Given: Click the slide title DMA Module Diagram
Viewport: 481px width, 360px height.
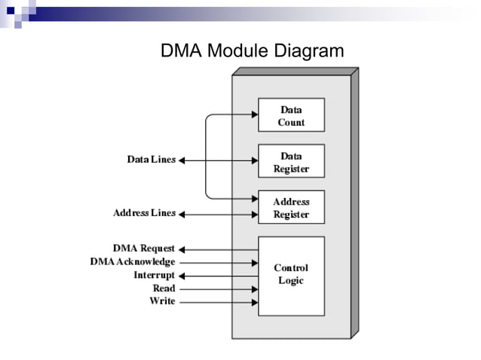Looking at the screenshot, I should point(252,51).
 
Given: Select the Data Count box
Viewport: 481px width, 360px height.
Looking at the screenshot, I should point(291,115).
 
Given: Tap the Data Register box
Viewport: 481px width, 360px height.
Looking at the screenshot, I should point(291,161).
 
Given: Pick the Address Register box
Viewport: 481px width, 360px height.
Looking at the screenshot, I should point(291,208).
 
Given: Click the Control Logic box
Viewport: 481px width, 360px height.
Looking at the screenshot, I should point(291,275).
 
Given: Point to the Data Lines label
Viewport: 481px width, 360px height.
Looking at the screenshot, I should point(151,160).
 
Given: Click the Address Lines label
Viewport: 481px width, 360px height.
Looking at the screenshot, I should point(144,213).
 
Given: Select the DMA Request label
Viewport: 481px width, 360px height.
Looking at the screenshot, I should point(143,248).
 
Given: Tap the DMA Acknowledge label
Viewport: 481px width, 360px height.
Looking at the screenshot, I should point(132,261).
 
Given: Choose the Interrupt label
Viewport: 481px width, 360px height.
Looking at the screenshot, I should point(154,275).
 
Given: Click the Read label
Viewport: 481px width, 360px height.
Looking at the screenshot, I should point(164,288).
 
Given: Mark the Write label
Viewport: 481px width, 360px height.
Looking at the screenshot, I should point(162,301).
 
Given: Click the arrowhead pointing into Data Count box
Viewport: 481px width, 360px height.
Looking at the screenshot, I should point(254,115).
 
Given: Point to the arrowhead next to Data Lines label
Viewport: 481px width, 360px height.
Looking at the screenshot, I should point(182,160).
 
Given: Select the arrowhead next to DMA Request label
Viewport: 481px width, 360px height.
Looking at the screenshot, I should point(182,249).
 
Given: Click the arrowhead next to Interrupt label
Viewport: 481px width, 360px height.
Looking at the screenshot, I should point(182,276).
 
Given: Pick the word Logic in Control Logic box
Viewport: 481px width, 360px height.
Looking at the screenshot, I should point(291,281).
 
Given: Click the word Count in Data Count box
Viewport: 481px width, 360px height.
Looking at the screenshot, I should point(291,122).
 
